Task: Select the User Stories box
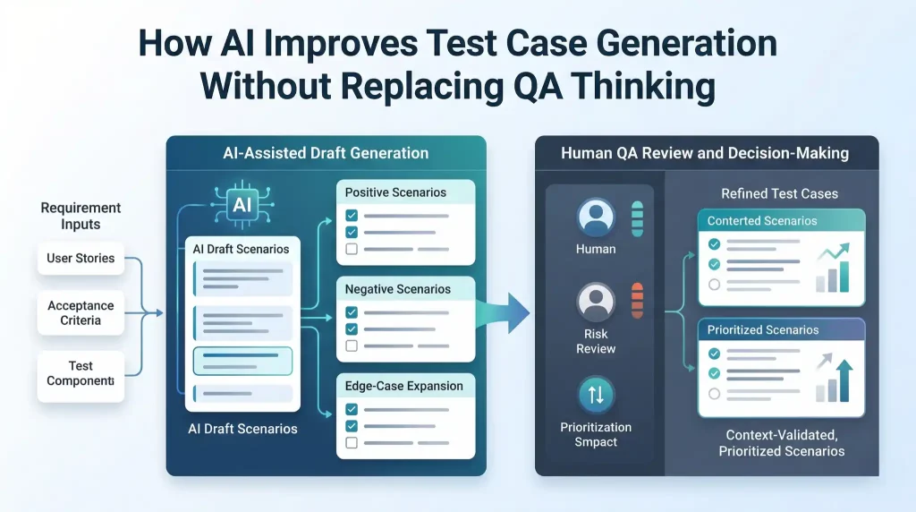click(81, 259)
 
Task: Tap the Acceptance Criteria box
click(81, 312)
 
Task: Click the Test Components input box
click(81, 372)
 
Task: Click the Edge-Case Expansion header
click(404, 386)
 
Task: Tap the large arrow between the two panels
click(505, 314)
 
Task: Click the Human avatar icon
click(596, 218)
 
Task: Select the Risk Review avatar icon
click(596, 302)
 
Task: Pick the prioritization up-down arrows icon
click(596, 395)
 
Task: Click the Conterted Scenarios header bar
click(781, 221)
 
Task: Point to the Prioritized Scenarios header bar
click(781, 330)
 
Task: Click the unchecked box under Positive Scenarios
click(352, 249)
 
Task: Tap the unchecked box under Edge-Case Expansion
click(352, 442)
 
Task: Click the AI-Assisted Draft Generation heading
click(326, 154)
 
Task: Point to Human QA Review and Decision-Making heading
click(705, 154)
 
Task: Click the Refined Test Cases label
click(781, 194)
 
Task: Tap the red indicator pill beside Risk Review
click(638, 302)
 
